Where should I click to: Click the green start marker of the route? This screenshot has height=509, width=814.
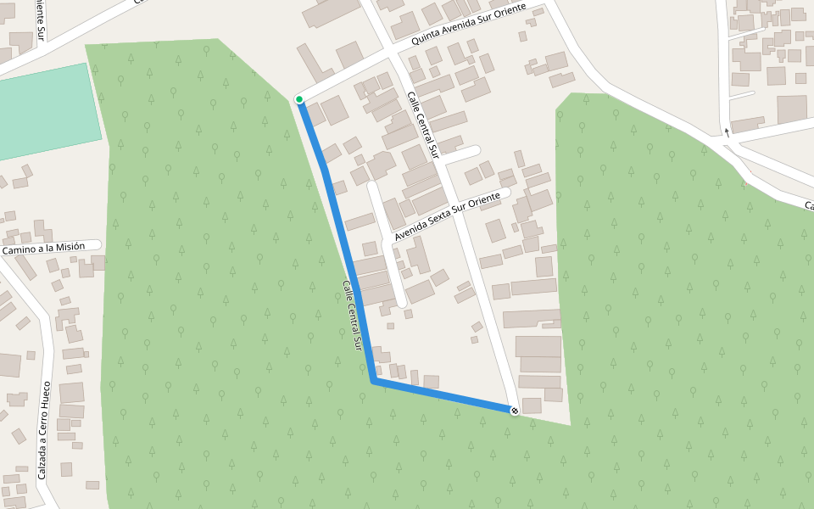299,99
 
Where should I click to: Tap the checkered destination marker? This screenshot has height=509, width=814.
515,411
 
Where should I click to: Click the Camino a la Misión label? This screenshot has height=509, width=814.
43,248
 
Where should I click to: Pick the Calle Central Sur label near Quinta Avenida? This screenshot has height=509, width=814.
422,126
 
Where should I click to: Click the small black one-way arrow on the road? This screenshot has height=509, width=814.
727,132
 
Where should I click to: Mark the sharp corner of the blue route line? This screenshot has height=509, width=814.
373,382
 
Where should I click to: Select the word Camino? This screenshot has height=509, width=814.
20,250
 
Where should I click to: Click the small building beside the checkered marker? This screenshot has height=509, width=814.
532,406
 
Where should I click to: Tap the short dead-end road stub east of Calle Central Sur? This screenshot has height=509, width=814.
462,154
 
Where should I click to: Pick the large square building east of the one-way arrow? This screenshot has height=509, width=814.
792,109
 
